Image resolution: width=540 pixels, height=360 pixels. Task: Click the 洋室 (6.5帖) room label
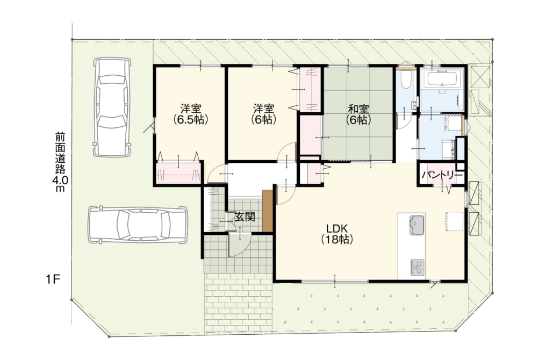(191, 114)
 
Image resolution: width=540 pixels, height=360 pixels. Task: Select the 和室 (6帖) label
(358, 114)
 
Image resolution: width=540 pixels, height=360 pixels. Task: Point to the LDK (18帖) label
(337, 234)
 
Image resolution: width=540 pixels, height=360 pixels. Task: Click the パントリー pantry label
(442, 175)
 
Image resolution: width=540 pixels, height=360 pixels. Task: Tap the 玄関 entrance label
(245, 217)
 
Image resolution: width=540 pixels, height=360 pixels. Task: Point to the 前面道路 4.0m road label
(59, 161)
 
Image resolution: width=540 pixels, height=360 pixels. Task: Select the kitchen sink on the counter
(416, 225)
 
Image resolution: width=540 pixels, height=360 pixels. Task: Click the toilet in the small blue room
(405, 80)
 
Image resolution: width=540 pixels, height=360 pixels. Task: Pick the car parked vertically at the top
(112, 107)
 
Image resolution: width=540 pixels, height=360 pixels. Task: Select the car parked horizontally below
(138, 225)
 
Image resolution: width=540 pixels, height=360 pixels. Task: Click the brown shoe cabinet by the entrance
(268, 211)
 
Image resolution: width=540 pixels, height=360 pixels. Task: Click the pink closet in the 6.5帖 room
(178, 173)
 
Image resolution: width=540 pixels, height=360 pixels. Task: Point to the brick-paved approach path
(239, 304)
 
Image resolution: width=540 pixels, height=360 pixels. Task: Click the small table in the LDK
(453, 221)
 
